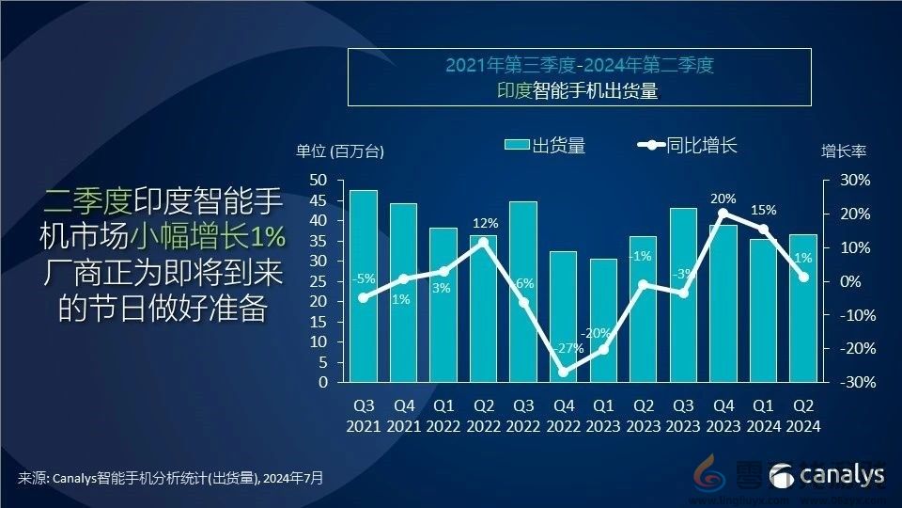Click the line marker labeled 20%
[x=723, y=214]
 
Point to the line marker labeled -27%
[x=563, y=372]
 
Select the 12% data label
[x=483, y=223]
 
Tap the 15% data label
[x=763, y=210]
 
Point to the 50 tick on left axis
[x=319, y=180]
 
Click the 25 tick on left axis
[x=319, y=281]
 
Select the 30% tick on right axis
[x=855, y=180]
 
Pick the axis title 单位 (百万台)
[x=340, y=151]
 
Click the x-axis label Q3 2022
[x=523, y=416]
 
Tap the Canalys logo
[x=827, y=475]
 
